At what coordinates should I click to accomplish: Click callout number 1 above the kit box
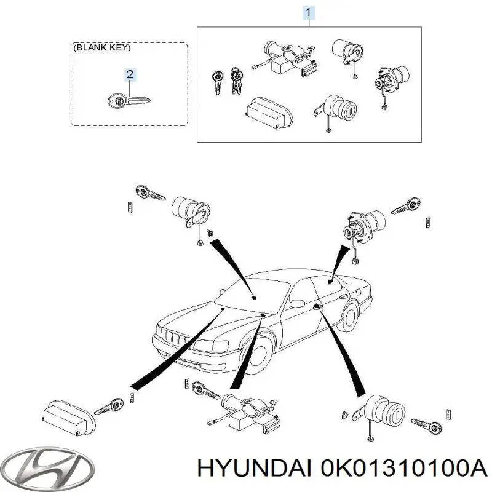point(309,12)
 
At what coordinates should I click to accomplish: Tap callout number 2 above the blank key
point(130,74)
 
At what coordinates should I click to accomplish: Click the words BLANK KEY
point(103,47)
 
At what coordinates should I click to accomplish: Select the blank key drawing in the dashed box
point(129,101)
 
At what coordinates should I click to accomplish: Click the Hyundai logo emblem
point(47,467)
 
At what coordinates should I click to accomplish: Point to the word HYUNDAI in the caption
point(255,468)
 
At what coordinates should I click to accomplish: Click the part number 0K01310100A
point(403,468)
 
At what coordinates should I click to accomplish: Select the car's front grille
point(175,338)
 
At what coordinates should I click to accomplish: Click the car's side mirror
point(296,303)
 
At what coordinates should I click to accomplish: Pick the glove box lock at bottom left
point(69,418)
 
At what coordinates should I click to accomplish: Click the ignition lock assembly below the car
point(248,413)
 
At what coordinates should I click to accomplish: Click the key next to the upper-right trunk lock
point(406,206)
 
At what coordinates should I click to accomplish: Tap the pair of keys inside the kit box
point(228,81)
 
